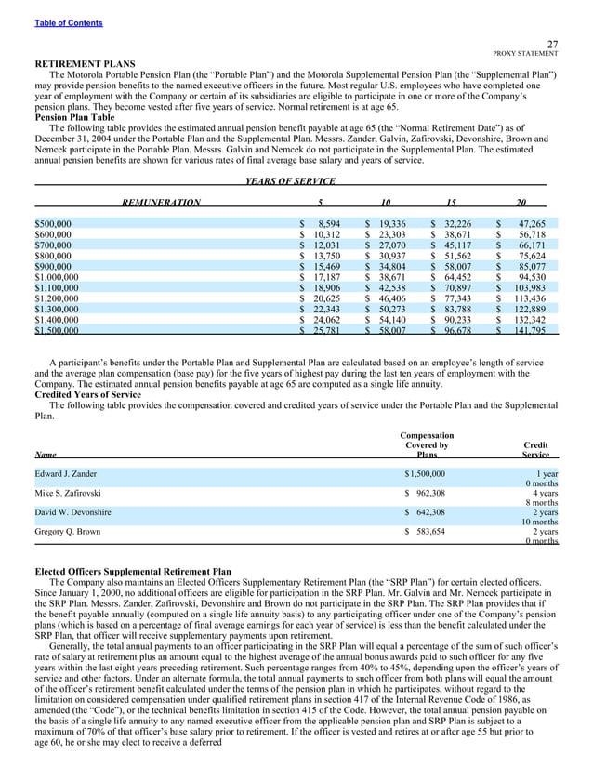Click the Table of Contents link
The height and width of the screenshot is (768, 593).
[69, 22]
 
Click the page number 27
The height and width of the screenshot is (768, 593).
[552, 44]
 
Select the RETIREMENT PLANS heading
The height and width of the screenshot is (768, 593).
[85, 63]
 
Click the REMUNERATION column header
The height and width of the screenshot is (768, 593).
[161, 202]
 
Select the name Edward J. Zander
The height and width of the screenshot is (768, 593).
[72, 474]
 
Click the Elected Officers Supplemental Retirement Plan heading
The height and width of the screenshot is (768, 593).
[133, 572]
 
